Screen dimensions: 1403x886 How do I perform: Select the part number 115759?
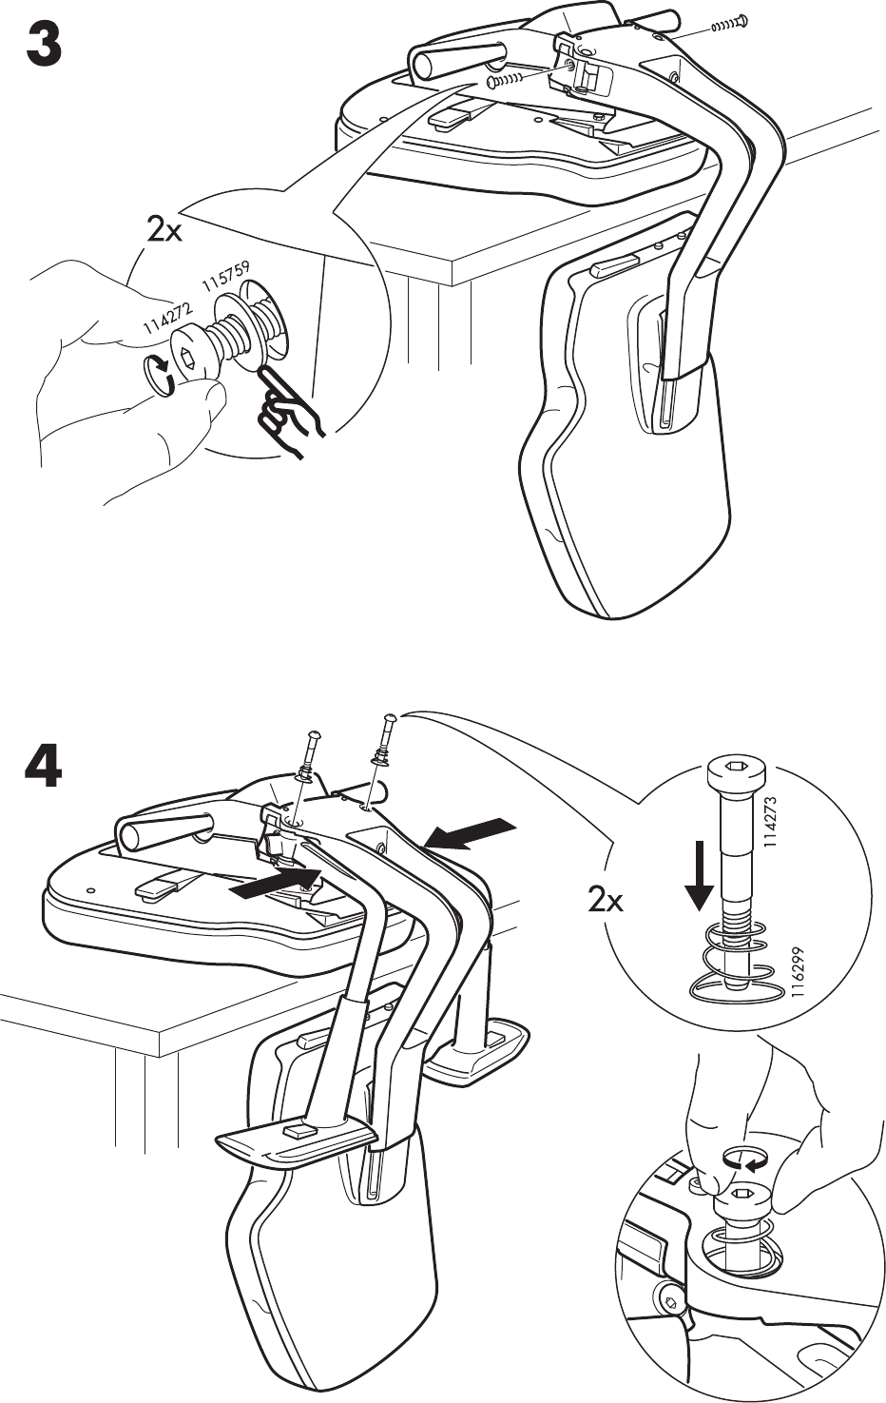(225, 274)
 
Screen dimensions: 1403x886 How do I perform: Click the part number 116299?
(784, 972)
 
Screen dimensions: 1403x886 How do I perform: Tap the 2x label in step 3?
(164, 230)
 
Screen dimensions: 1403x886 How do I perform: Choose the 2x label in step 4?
(606, 899)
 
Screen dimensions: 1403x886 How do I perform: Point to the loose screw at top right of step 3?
(729, 24)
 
